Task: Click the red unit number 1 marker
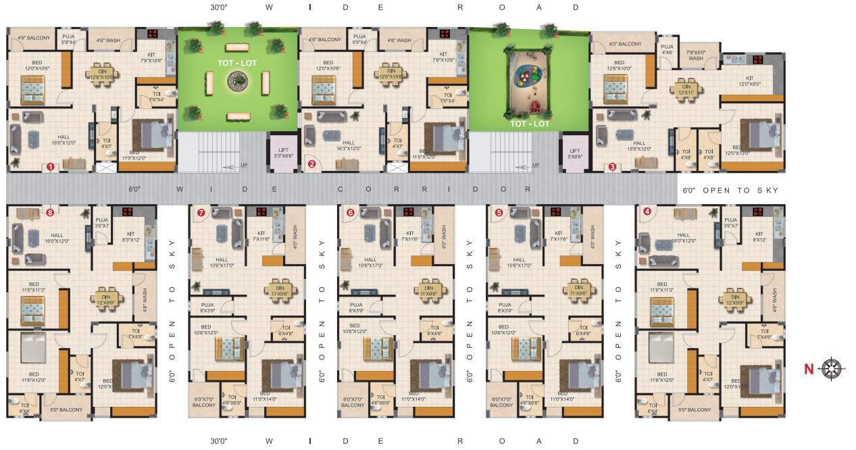[x=50, y=167]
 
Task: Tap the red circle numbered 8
[x=50, y=212]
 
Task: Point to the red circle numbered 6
[x=350, y=212]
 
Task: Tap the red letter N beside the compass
[x=808, y=369]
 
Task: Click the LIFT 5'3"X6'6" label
[x=280, y=153]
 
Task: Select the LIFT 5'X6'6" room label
[x=575, y=153]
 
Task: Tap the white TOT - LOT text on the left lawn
[x=236, y=62]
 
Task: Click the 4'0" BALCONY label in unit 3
[x=625, y=44]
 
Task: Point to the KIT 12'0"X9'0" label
[x=749, y=81]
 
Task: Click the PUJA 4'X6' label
[x=667, y=49]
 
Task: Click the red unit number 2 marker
[x=311, y=164]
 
